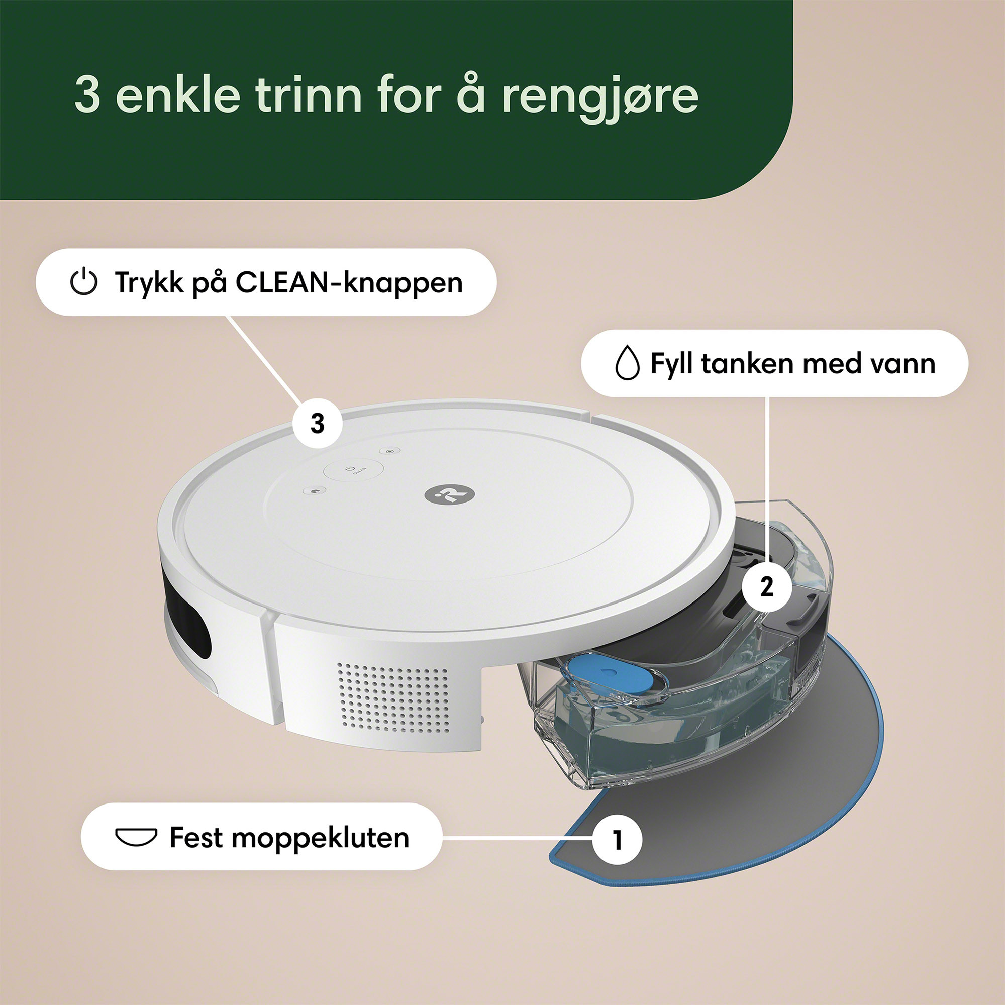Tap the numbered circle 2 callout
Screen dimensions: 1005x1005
click(x=767, y=587)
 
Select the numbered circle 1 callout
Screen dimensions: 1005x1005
click(x=618, y=840)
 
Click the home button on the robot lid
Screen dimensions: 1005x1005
click(x=314, y=490)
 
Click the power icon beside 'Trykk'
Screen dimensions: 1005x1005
click(x=84, y=282)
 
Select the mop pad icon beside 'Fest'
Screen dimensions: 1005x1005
click(x=136, y=838)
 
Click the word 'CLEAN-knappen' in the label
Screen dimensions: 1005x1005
click(x=349, y=283)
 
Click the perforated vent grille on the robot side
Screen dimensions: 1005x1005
click(x=393, y=698)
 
